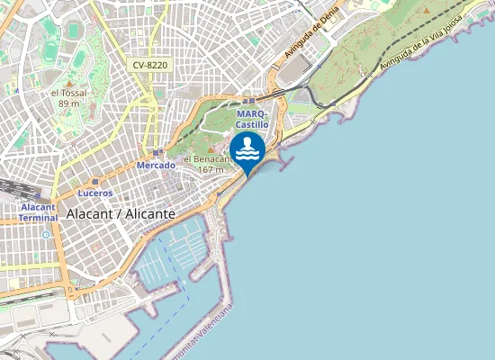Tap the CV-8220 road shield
tap(149, 65)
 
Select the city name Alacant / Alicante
tap(121, 214)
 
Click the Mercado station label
tap(156, 166)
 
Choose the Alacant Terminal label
tap(38, 211)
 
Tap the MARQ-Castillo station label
tap(252, 119)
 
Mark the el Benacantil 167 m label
tap(205, 164)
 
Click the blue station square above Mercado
tap(156, 153)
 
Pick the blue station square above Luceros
tap(83, 181)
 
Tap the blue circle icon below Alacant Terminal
tap(46, 234)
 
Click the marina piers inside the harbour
tap(180, 256)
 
